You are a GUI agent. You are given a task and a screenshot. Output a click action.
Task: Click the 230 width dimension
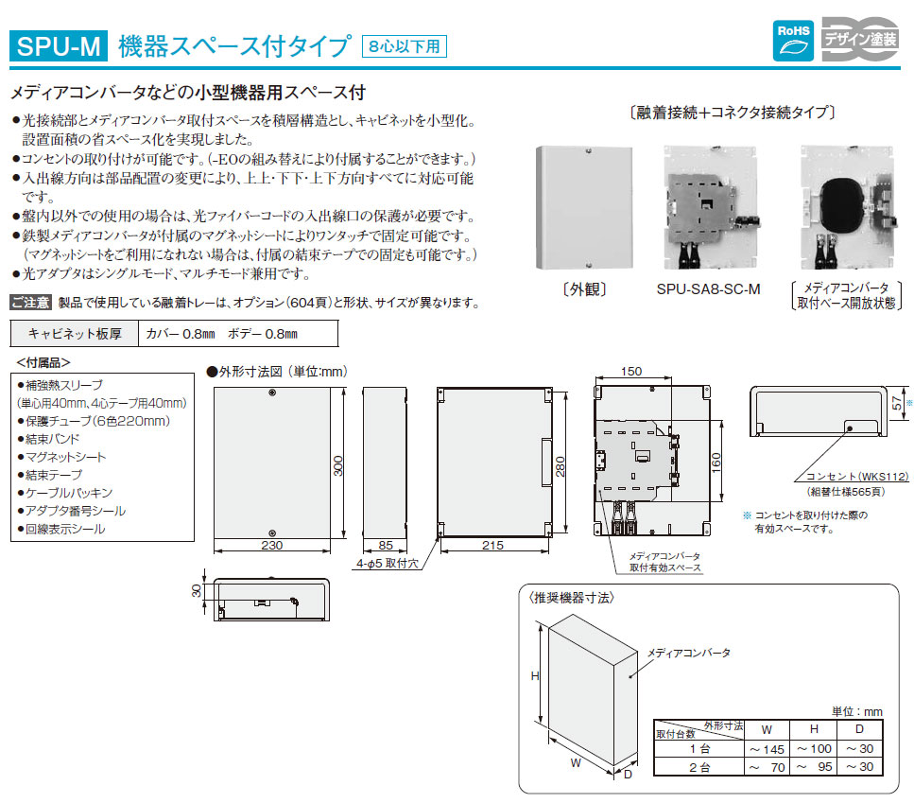271,546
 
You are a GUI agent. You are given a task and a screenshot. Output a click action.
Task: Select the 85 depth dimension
386,546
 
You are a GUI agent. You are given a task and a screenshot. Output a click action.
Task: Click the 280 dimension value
561,464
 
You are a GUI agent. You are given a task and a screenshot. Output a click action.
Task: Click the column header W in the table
767,728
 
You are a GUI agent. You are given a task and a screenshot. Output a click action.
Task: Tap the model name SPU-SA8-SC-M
707,289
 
